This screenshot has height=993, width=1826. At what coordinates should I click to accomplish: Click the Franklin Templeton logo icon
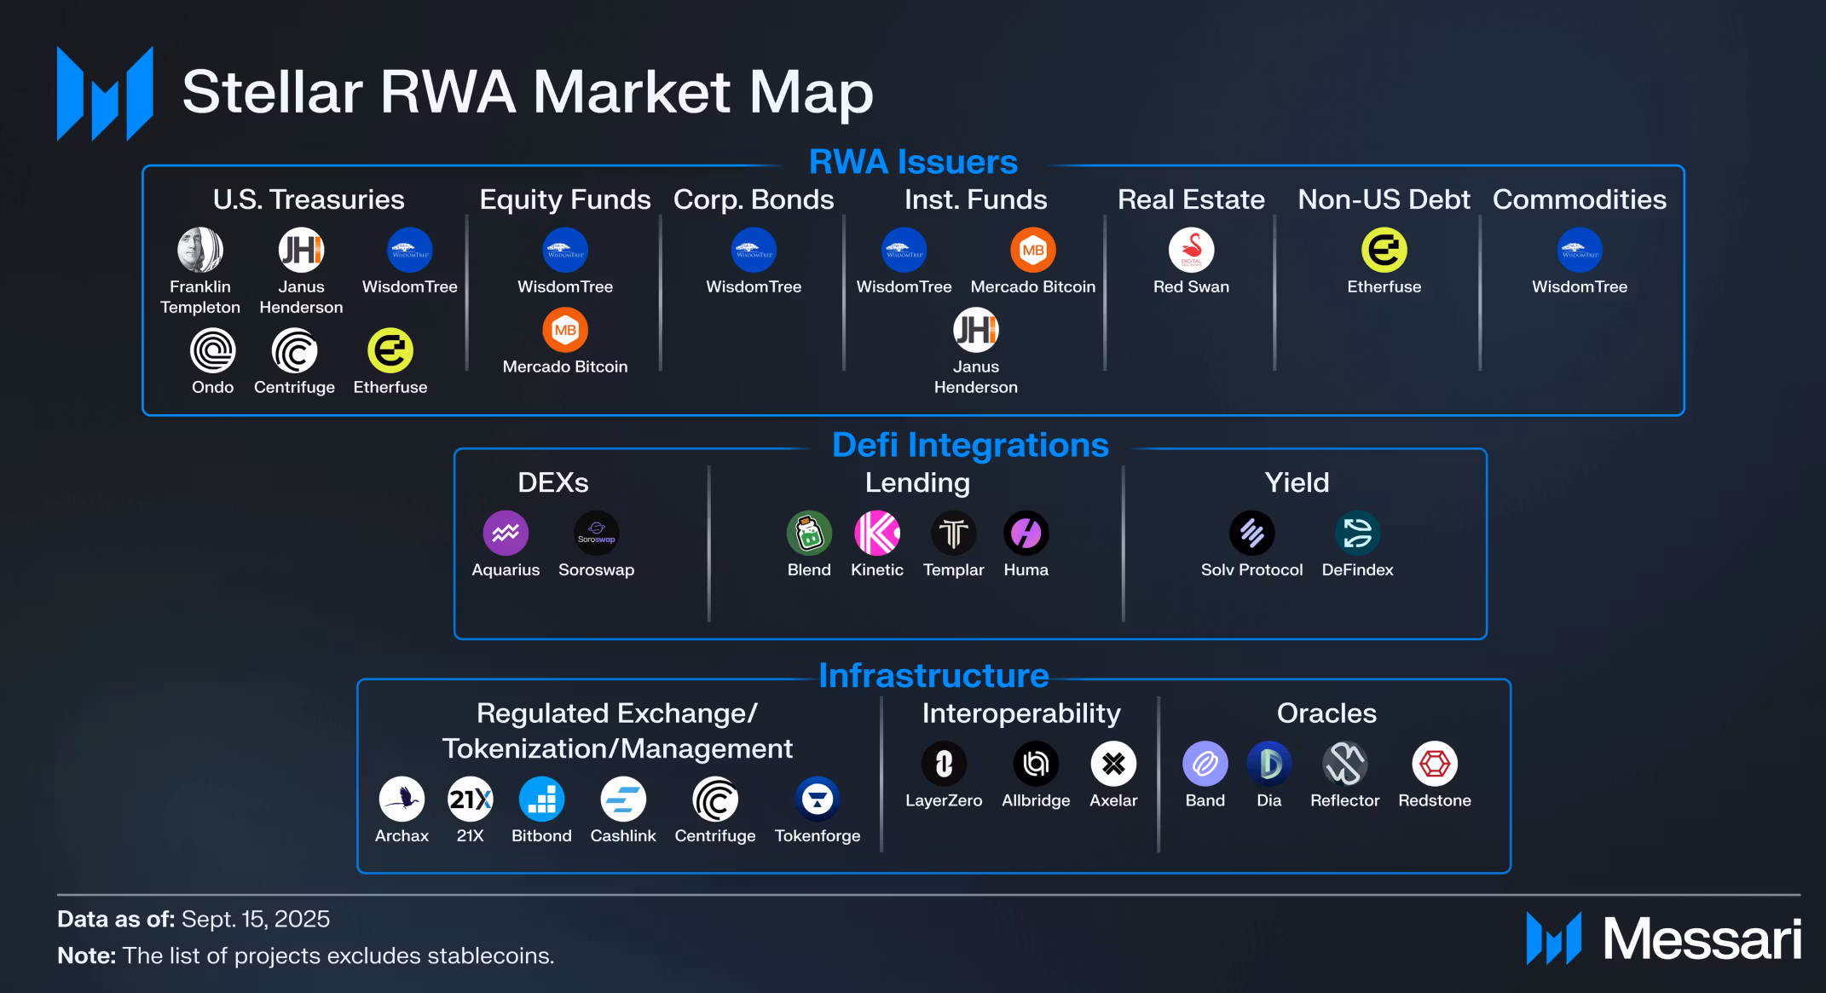coord(200,250)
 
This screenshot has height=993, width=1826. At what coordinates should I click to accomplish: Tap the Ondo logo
coord(212,350)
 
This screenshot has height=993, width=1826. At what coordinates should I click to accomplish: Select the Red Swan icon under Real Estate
coord(1191,250)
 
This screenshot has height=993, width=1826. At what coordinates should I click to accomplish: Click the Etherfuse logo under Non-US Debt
coord(1384,250)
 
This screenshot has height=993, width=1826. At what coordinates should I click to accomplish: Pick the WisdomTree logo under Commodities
coord(1579,250)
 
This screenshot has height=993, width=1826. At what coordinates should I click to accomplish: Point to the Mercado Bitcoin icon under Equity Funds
coord(565,330)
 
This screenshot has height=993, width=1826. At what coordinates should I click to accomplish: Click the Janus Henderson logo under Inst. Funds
coord(975,330)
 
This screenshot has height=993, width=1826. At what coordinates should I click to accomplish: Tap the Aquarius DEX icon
coord(506,533)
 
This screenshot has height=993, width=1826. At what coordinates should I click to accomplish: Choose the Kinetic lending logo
coord(876,533)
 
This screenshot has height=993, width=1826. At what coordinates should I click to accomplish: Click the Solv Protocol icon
coord(1251,533)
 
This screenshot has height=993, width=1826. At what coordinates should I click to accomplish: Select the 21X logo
coord(470,800)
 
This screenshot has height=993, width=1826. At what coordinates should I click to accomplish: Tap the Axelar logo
coord(1113,764)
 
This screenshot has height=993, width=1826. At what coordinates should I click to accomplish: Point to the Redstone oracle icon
coord(1435,764)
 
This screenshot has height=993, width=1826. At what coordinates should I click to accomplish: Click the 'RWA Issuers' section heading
coord(913,162)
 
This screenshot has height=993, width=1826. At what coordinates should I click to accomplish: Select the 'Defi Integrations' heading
coord(970,445)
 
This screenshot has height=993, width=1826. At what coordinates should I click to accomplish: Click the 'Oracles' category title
coord(1326,713)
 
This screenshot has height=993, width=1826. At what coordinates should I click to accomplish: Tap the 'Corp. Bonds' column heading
coord(754,199)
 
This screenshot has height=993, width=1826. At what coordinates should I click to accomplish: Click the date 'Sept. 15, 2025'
coord(256,919)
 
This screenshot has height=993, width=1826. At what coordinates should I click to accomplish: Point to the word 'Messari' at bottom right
coord(1702,939)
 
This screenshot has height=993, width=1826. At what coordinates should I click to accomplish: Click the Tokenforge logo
coord(818,800)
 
